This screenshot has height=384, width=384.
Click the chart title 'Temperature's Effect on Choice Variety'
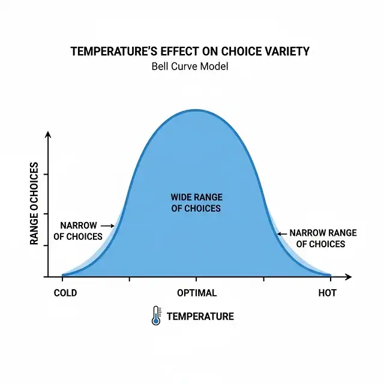[x=190, y=51]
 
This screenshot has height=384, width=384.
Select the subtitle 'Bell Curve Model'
[x=190, y=66]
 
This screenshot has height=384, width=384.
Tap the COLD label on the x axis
[x=65, y=293]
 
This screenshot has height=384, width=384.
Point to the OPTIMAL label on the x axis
[x=196, y=293]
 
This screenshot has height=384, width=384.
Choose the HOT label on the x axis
[x=327, y=293]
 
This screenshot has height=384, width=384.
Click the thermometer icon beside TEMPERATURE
[x=157, y=316]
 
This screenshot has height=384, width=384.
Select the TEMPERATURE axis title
[x=200, y=316]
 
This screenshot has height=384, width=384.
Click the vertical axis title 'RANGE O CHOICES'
[x=34, y=203]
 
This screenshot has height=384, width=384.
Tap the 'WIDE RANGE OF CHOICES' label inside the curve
[x=196, y=203]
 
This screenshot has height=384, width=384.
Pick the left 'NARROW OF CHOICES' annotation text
[x=78, y=231]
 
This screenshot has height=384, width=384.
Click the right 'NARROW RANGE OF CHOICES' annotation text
[x=322, y=238]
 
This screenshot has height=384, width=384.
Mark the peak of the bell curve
[x=196, y=110]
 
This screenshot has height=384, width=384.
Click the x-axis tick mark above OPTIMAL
[x=196, y=279]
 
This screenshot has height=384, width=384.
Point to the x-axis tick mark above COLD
[x=62, y=279]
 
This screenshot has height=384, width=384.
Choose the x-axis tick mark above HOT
[x=330, y=279]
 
